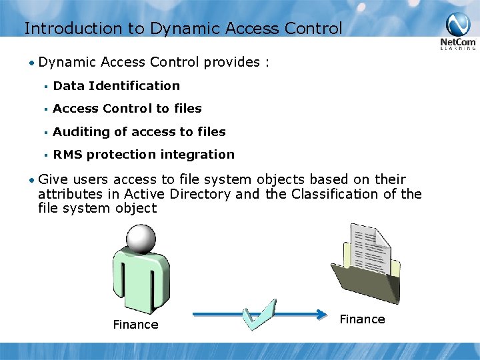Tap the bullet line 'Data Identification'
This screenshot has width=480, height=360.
116,85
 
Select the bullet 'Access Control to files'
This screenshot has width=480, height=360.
127,108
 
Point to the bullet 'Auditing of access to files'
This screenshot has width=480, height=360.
139,131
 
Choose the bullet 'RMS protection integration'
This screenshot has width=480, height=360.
143,154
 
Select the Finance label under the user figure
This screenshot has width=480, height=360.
135,325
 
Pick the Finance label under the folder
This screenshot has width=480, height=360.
362,319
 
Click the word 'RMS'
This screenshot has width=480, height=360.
67,154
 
